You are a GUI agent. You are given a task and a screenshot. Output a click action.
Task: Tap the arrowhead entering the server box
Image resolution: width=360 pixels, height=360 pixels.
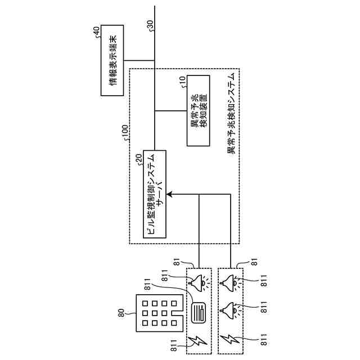coord(169,195)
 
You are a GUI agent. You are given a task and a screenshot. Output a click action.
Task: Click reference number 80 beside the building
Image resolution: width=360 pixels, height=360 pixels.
coord(122,313)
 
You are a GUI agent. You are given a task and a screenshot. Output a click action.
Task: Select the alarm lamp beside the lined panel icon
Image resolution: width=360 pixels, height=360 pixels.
coord(197,283)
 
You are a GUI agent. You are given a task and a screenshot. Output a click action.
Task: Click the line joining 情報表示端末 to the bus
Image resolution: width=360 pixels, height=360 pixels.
coord(139,60)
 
